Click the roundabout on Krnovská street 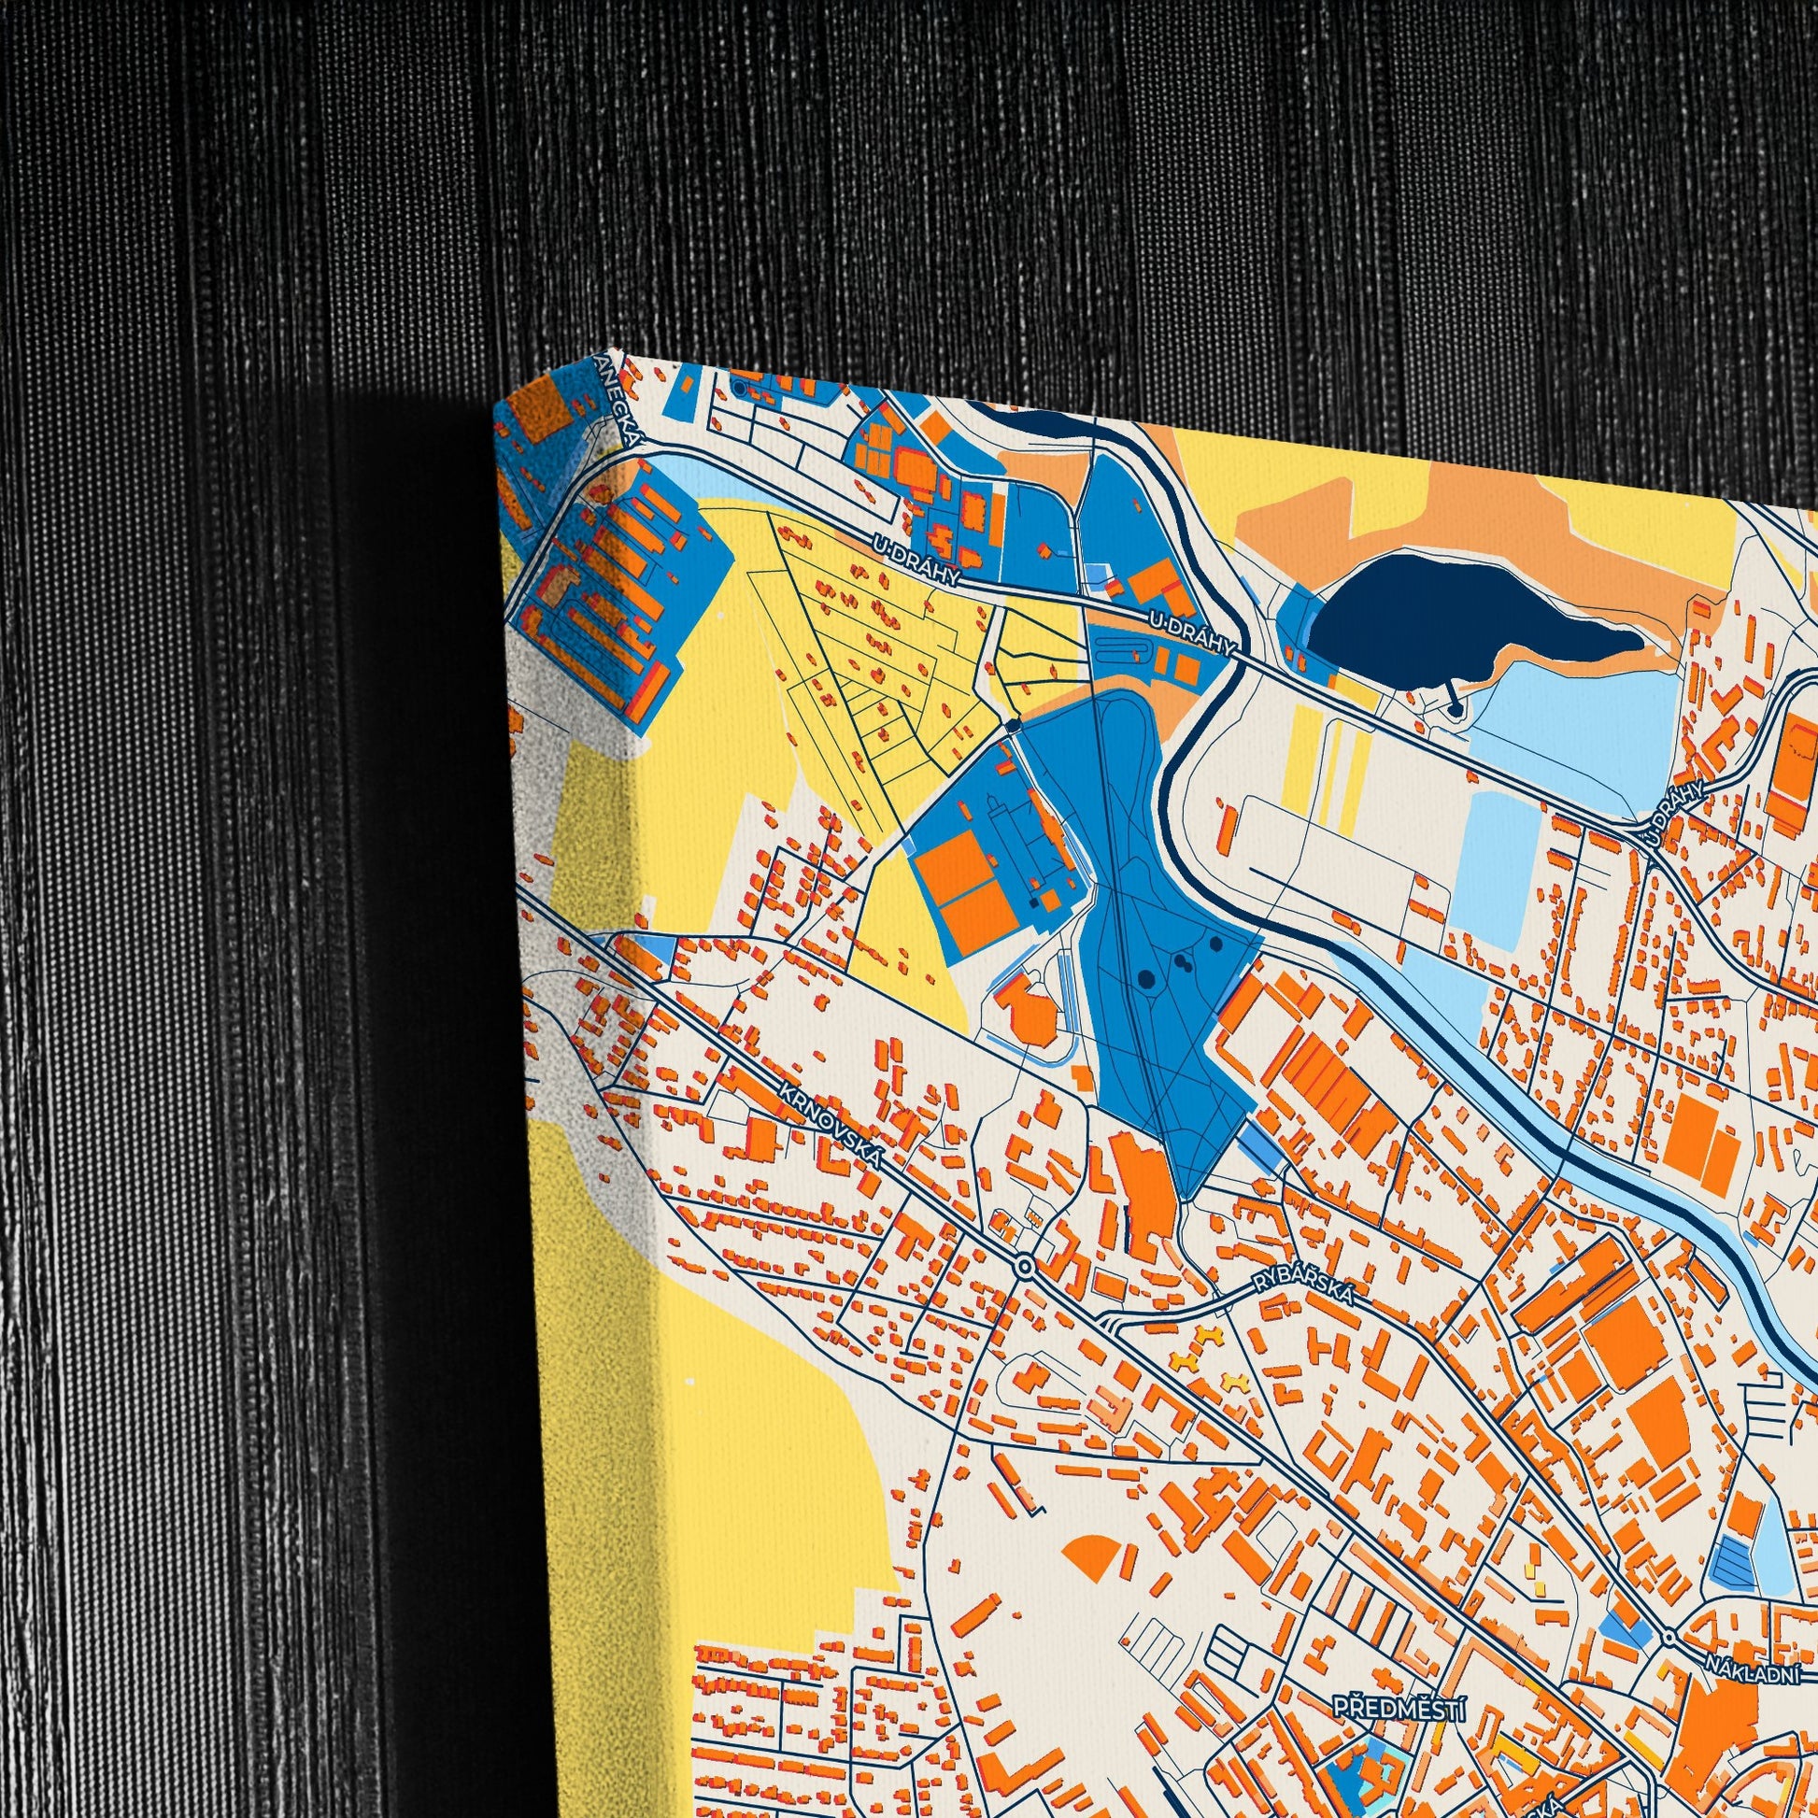[1025, 1268]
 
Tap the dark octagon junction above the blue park [1012, 725]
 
